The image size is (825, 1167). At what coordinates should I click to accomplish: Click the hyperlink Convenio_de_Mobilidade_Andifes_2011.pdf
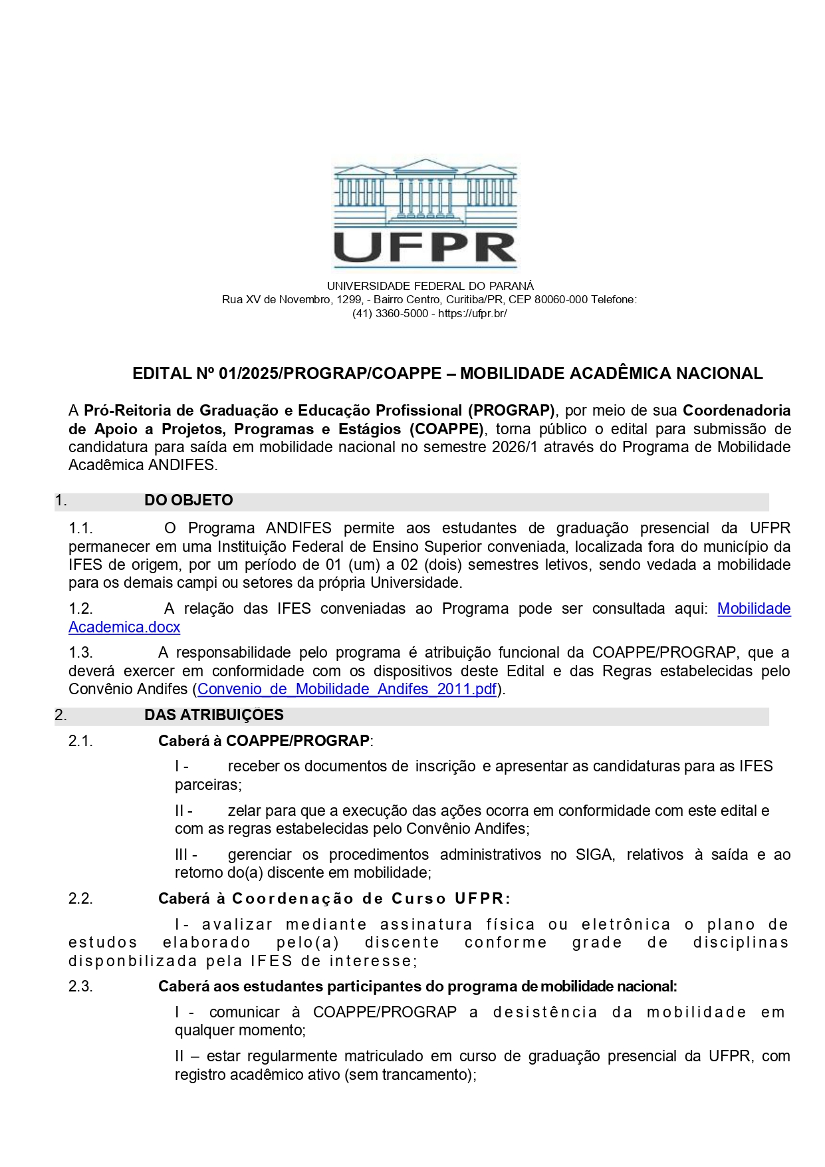point(347,690)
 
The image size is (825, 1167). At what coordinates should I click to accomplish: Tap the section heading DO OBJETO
point(189,501)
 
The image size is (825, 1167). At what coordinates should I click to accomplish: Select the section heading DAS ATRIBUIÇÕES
point(214,715)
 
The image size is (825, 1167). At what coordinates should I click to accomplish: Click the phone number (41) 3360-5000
point(390,314)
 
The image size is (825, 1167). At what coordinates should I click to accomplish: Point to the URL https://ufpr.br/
point(473,314)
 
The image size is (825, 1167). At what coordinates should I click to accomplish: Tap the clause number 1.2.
point(80,609)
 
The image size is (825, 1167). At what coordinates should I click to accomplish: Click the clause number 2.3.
point(80,987)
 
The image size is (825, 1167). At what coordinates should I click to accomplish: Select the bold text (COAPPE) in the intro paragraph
point(446,430)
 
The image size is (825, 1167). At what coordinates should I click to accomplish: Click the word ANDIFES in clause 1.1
point(298,529)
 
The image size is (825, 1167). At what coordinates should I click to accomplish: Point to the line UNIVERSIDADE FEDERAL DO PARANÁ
point(430,287)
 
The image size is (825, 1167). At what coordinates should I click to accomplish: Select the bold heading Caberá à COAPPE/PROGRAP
point(265,741)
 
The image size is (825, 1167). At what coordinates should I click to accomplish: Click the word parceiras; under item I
point(208,785)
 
